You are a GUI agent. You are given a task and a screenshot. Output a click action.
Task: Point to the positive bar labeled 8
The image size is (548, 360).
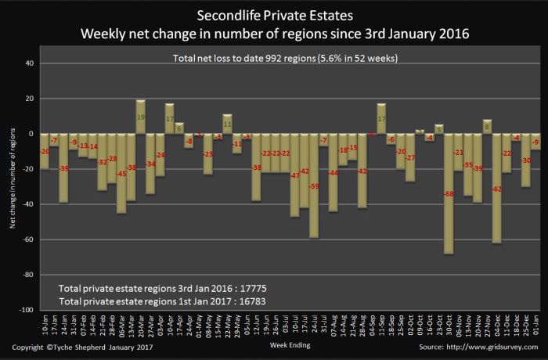(486, 127)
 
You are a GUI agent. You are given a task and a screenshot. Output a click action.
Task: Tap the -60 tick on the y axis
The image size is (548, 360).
(29, 240)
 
